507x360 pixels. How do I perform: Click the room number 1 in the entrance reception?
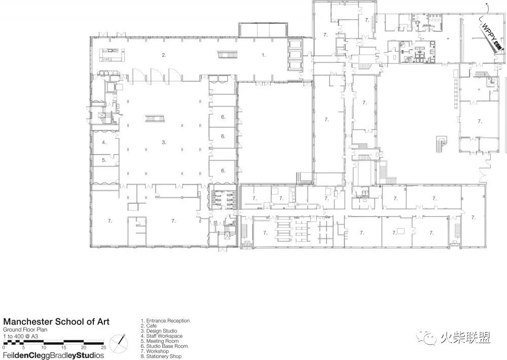tap(264, 55)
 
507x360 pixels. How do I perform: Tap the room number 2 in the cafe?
tap(164, 55)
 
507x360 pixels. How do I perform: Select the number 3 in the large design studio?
tap(164, 142)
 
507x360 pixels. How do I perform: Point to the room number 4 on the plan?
tap(104, 142)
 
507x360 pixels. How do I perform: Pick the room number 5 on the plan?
tap(104, 160)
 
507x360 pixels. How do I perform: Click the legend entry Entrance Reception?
tap(165, 321)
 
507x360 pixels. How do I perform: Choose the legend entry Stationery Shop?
tap(161, 356)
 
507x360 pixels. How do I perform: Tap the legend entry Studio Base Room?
tap(164, 346)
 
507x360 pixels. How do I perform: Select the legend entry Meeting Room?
tap(160, 341)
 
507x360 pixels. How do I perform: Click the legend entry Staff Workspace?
tap(162, 336)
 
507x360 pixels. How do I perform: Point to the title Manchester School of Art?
tap(56, 322)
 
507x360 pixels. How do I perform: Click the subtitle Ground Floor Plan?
tap(25, 330)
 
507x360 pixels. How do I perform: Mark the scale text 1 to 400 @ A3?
tap(21, 336)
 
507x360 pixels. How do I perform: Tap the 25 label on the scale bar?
tap(103, 348)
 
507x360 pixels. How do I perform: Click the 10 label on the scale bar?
tap(44, 348)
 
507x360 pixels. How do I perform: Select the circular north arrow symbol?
tap(118, 343)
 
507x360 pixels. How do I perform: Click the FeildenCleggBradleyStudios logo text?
tap(54, 355)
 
